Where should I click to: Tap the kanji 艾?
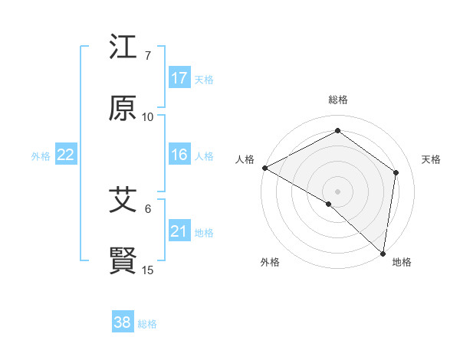click(x=123, y=200)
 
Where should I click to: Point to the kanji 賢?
click(x=123, y=260)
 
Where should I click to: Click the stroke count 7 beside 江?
click(x=148, y=56)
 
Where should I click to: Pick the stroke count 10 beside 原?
click(x=148, y=116)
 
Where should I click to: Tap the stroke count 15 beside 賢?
click(x=148, y=270)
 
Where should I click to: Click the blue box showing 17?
click(x=179, y=78)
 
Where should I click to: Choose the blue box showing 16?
click(x=179, y=155)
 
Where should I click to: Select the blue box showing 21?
click(x=179, y=231)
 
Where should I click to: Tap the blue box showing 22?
click(x=66, y=155)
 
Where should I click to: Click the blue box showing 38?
click(x=123, y=322)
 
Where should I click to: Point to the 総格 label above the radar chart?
click(x=338, y=100)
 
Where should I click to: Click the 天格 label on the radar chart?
click(x=431, y=159)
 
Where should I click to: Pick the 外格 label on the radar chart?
click(x=270, y=262)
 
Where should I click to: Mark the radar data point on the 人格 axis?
click(x=264, y=168)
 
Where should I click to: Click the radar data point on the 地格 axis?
click(x=383, y=253)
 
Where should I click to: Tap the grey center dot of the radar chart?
click(x=338, y=191)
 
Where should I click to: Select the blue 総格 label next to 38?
click(x=147, y=324)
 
